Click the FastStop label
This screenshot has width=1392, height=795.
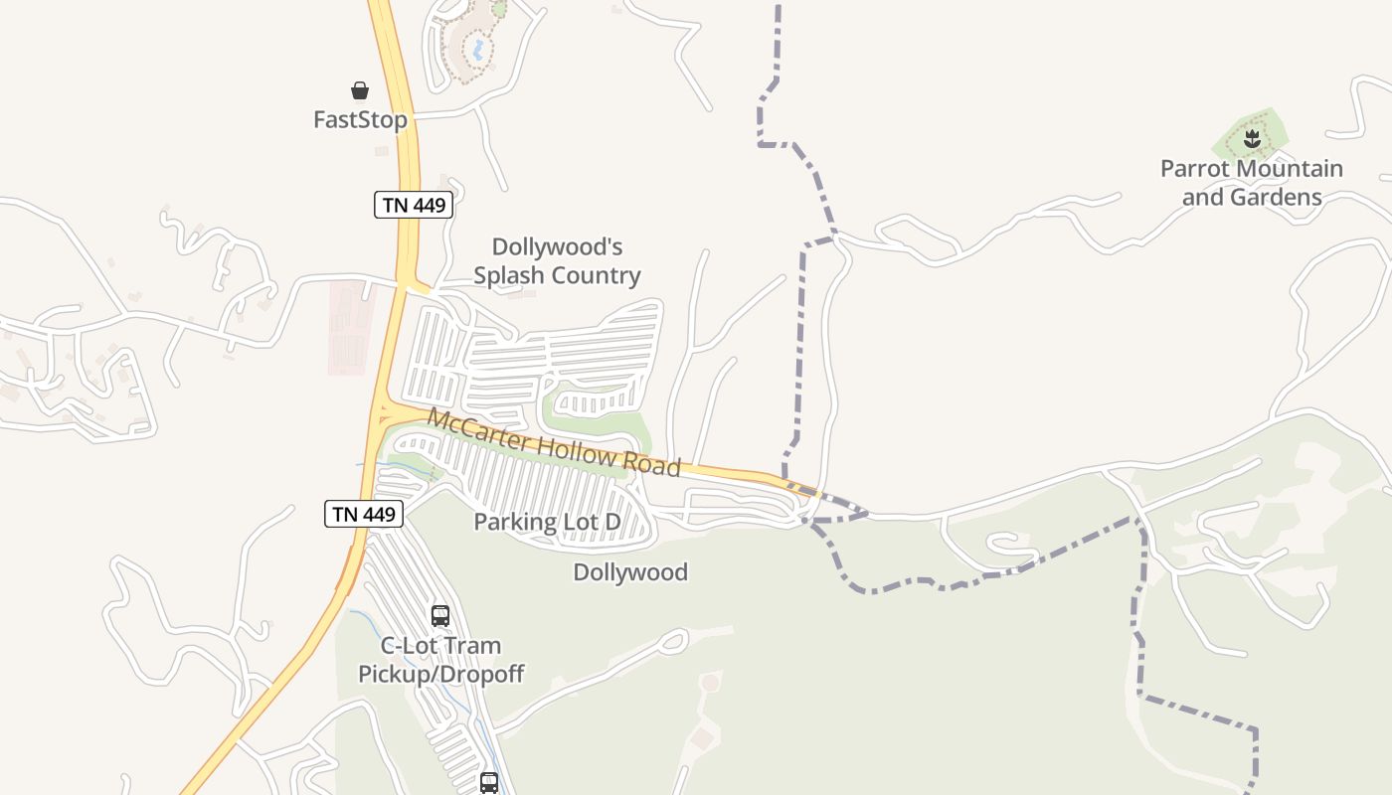(360, 120)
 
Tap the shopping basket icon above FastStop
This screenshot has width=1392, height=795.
(360, 90)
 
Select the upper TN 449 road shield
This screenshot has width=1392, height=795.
(414, 206)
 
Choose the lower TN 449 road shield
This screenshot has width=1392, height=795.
(364, 514)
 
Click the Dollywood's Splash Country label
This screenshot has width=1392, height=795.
(557, 260)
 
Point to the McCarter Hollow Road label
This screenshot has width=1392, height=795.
(554, 441)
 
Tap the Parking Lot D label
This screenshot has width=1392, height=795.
(547, 522)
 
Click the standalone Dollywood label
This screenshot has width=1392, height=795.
(630, 572)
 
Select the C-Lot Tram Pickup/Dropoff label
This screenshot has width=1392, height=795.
(440, 660)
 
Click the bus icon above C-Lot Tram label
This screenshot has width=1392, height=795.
(440, 616)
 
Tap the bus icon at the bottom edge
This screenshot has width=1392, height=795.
(488, 783)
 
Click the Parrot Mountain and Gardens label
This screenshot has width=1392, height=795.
(1252, 183)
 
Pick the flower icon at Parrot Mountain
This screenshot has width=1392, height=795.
(1252, 139)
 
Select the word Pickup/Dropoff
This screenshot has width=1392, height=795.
(440, 674)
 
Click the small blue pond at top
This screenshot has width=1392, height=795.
(478, 48)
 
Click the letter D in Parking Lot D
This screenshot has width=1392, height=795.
(612, 522)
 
